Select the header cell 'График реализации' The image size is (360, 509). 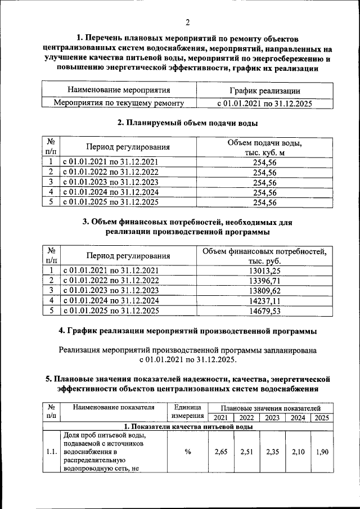264,91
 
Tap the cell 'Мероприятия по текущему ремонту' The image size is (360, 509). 119,103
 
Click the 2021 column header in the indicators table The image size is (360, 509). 220,417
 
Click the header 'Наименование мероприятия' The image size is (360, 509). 119,90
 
